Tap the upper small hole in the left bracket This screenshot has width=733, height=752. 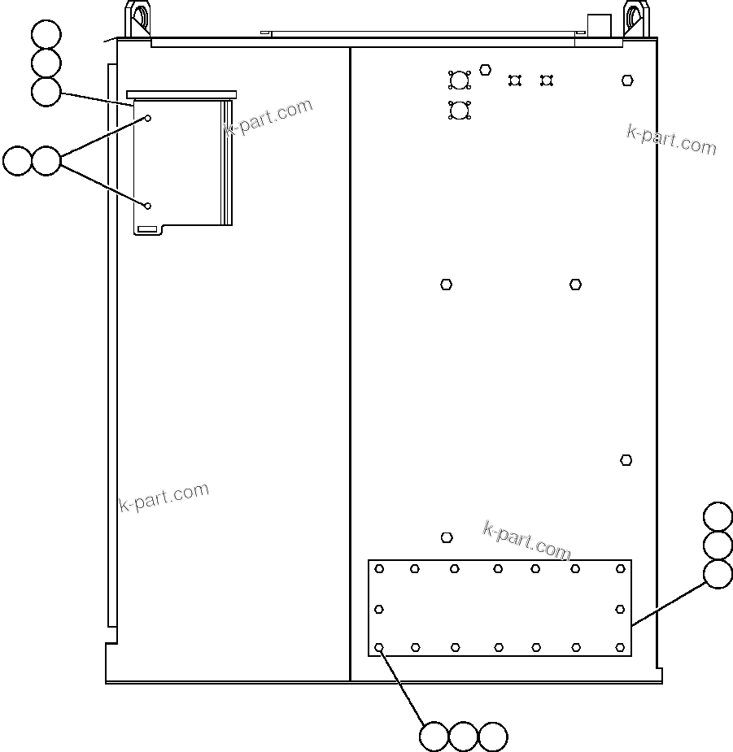pyautogui.click(x=149, y=119)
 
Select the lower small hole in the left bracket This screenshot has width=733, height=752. pyautogui.click(x=149, y=206)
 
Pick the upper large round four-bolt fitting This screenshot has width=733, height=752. pyautogui.click(x=459, y=80)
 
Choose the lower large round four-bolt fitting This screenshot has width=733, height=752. pyautogui.click(x=459, y=111)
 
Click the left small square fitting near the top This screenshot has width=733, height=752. pyautogui.click(x=514, y=80)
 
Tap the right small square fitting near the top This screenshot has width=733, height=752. pyautogui.click(x=547, y=80)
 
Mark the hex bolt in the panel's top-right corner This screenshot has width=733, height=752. pyautogui.click(x=627, y=80)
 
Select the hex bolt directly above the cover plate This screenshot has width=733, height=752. pyautogui.click(x=447, y=537)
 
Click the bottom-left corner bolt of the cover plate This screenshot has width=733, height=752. pyautogui.click(x=379, y=648)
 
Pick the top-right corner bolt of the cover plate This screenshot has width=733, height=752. pyautogui.click(x=620, y=569)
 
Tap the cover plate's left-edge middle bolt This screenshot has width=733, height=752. pyautogui.click(x=379, y=609)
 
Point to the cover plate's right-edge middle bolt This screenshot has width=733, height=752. pyautogui.click(x=620, y=609)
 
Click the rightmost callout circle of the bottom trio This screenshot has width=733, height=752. pyautogui.click(x=493, y=737)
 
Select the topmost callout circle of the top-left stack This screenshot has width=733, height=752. pyautogui.click(x=46, y=35)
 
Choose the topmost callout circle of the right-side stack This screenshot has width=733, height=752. pyautogui.click(x=718, y=517)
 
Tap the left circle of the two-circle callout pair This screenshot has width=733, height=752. pyautogui.click(x=17, y=161)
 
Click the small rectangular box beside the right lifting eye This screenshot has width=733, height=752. pyautogui.click(x=599, y=24)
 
